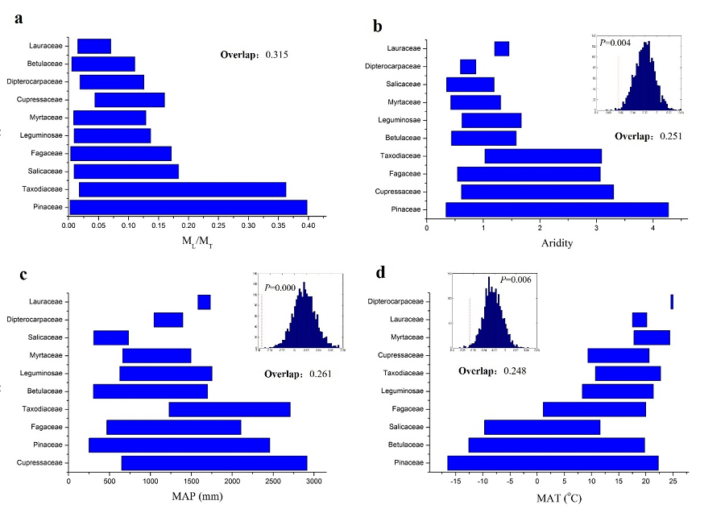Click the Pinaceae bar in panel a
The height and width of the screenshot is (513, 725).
pyautogui.click(x=188, y=208)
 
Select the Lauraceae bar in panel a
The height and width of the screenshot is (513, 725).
pyautogui.click(x=94, y=46)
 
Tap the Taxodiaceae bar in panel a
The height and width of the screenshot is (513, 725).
pyautogui.click(x=183, y=189)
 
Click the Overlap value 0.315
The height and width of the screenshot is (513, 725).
pyautogui.click(x=276, y=55)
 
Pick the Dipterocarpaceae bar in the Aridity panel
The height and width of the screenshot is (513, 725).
pyautogui.click(x=468, y=67)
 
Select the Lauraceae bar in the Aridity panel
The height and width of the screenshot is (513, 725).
pyautogui.click(x=502, y=49)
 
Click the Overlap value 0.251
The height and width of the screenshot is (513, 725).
pyautogui.click(x=671, y=136)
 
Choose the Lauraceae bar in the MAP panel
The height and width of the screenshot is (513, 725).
pyautogui.click(x=204, y=302)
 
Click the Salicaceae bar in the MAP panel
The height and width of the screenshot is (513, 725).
pyautogui.click(x=111, y=337)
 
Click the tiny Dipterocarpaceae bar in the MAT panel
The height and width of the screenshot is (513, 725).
pyautogui.click(x=672, y=301)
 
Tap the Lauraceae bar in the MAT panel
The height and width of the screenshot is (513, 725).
pyautogui.click(x=640, y=320)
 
